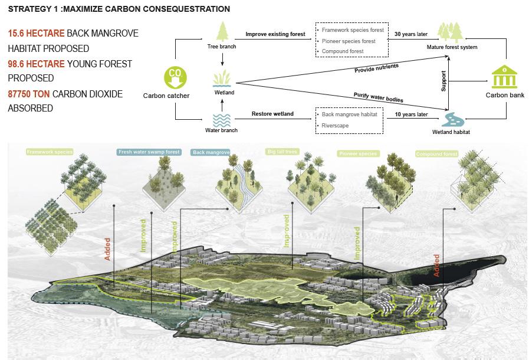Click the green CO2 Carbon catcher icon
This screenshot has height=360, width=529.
click(x=175, y=76)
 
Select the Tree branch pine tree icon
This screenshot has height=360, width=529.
click(x=223, y=31)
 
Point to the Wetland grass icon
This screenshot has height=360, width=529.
click(x=222, y=78)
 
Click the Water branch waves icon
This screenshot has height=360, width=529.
click(x=222, y=119)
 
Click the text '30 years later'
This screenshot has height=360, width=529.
click(x=411, y=34)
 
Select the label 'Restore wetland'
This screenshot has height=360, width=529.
click(x=272, y=114)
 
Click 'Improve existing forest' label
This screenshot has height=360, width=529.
click(x=275, y=34)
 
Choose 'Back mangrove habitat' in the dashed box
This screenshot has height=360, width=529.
click(x=350, y=114)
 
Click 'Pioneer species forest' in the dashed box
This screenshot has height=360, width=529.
click(x=349, y=41)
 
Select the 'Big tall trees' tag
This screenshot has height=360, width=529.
click(x=282, y=152)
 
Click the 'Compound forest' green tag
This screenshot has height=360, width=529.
click(x=436, y=154)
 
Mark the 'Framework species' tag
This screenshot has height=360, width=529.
click(x=50, y=152)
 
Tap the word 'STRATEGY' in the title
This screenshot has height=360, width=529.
click(x=29, y=9)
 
